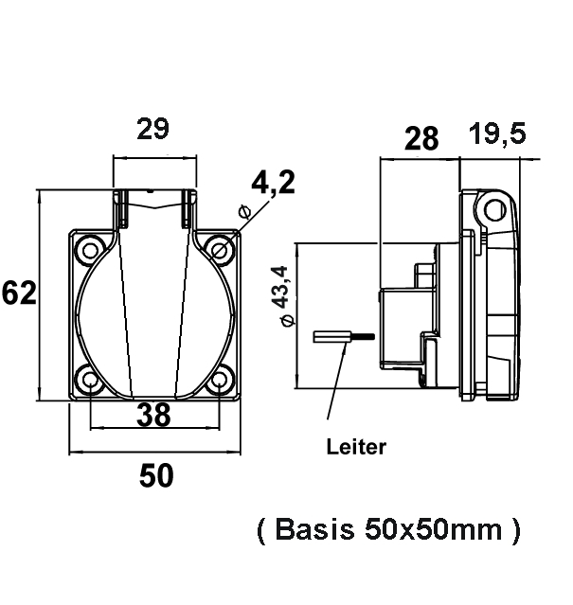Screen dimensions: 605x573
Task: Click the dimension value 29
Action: tap(153, 130)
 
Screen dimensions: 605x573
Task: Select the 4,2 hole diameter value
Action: tap(272, 183)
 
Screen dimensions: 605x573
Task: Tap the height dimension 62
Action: tap(19, 294)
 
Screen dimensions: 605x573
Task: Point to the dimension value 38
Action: tap(153, 413)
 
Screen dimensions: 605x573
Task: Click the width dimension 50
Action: tap(156, 475)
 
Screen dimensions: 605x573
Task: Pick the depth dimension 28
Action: tap(421, 139)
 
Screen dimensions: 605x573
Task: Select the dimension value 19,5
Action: tap(497, 135)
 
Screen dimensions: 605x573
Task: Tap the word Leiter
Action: tap(356, 447)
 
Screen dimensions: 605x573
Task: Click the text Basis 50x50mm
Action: tap(388, 530)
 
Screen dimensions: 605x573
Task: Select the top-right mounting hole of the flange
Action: tap(220, 249)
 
